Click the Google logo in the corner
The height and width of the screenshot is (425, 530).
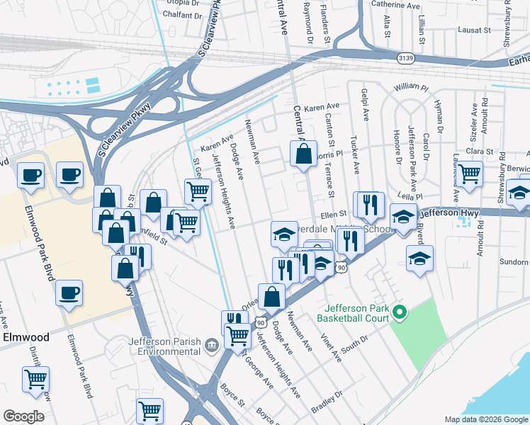[x=23, y=416]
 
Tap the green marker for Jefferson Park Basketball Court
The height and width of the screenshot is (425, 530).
[x=399, y=311]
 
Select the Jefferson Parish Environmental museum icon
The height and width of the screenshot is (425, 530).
[x=211, y=345]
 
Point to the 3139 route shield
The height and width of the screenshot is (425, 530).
[x=406, y=57]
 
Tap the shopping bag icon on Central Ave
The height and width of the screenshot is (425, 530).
[x=303, y=154]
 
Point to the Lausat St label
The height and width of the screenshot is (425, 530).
[x=475, y=30]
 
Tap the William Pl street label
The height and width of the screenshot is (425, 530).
[x=412, y=87]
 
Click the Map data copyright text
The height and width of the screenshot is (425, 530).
[x=485, y=419]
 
